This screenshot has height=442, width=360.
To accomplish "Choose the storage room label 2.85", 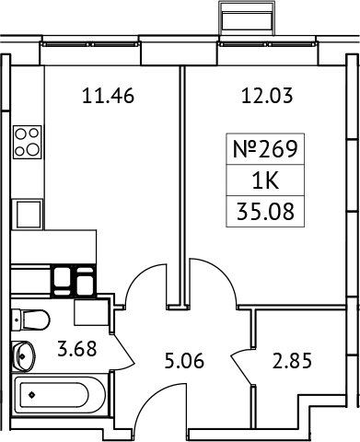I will [x=293, y=360].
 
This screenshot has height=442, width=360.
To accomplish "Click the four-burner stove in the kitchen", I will [x=28, y=141].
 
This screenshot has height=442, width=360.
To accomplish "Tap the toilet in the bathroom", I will [x=29, y=320].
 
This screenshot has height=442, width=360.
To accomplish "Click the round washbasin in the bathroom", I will [x=24, y=355].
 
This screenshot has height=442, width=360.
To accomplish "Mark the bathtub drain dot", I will [x=31, y=396].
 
